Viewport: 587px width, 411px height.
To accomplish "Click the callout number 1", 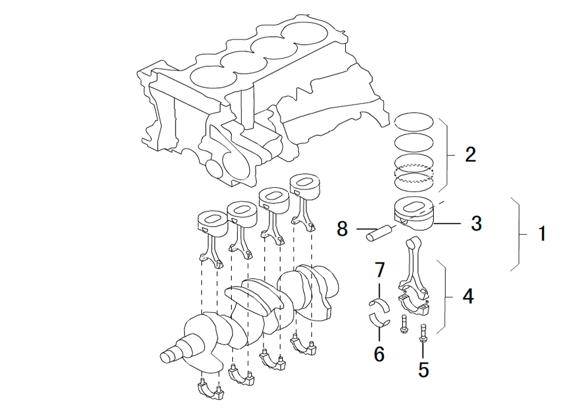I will [x=541, y=234].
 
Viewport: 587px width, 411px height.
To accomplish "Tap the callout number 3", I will [x=476, y=223].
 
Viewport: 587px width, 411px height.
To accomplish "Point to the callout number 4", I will [x=467, y=297].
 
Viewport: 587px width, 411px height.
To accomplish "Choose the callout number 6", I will [x=379, y=353].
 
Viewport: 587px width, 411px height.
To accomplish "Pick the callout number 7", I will [x=379, y=271].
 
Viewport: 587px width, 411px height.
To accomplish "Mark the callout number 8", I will [x=342, y=228].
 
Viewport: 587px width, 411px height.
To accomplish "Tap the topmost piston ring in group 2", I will [x=413, y=122].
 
